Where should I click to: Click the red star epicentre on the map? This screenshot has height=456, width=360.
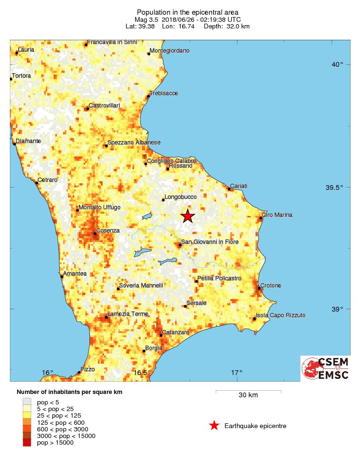(188, 216)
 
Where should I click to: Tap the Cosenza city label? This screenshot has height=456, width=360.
(108, 231)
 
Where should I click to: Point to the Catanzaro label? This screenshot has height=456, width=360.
(176, 332)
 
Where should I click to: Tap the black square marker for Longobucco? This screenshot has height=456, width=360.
(163, 200)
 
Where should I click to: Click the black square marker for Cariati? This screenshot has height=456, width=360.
(229, 189)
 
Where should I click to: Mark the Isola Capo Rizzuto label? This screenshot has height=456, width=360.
(281, 315)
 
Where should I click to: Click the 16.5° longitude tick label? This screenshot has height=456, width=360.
(142, 373)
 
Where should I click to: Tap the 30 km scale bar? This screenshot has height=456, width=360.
(248, 392)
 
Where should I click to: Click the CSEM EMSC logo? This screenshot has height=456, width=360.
(325, 368)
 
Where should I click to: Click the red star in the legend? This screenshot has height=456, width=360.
(214, 426)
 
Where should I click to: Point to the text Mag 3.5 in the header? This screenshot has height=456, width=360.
(147, 19)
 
